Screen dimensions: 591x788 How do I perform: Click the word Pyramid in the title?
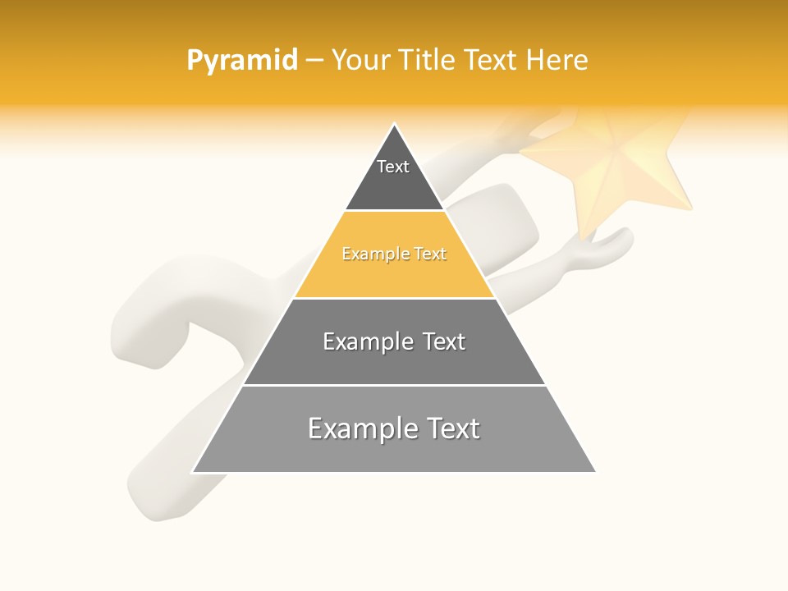pos(241,61)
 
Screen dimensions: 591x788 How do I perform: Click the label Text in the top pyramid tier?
pos(393,167)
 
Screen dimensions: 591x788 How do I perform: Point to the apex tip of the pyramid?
pos(394,125)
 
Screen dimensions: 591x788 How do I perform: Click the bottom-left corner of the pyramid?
pos(194,471)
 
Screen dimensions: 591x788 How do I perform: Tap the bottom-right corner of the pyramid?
pos(594,471)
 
